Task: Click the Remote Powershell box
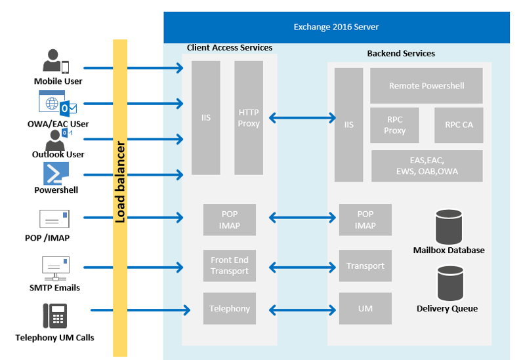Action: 427,86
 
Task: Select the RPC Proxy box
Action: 395,125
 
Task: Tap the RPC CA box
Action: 459,125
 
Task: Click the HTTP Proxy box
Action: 249,118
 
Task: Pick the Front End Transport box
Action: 230,266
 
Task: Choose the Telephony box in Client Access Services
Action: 230,309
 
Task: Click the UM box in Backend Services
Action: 365,309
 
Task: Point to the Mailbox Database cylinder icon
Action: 449,226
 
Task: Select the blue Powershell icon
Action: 56,174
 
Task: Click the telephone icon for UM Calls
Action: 55,316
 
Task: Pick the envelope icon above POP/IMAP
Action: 54,219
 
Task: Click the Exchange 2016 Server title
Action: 336,28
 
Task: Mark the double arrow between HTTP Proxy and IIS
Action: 302,119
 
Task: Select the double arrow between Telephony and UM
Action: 302,309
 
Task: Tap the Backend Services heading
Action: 401,53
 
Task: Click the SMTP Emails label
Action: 56,288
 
